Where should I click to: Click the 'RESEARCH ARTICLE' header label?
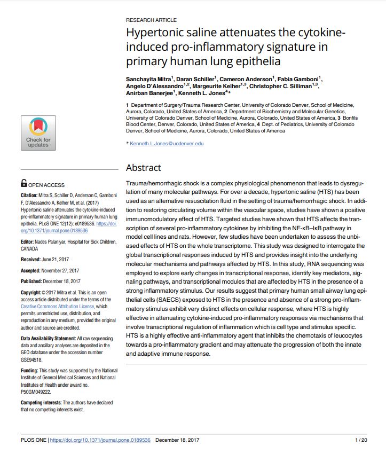click(x=151, y=20)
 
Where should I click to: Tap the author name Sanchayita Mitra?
click(x=148, y=79)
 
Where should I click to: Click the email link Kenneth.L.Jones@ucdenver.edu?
click(x=166, y=144)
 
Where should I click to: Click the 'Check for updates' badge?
click(x=38, y=132)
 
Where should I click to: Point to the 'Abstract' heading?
click(x=143, y=168)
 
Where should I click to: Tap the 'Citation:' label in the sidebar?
click(x=30, y=196)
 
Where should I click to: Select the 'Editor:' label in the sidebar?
click(x=28, y=243)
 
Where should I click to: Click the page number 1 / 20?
click(x=360, y=440)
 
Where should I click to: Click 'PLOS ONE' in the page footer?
click(x=33, y=440)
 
